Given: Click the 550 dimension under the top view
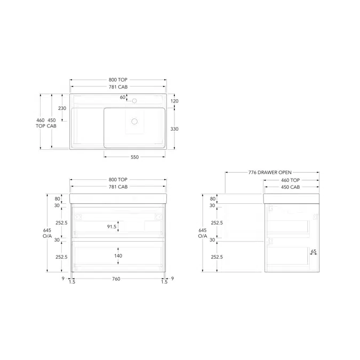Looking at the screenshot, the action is click(x=135, y=157).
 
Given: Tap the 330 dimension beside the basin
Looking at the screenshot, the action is click(x=174, y=129).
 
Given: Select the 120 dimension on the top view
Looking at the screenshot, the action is click(x=174, y=101).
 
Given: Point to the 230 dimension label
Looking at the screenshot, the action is click(x=62, y=108).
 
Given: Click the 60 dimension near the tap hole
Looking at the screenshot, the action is click(x=123, y=97).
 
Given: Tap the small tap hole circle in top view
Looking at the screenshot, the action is click(x=134, y=101).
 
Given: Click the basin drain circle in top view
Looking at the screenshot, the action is click(x=134, y=122).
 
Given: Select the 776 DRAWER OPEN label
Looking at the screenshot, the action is click(x=270, y=172).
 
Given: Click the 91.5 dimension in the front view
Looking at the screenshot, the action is click(x=111, y=227).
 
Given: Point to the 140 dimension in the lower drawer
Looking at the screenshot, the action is click(x=118, y=256).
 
